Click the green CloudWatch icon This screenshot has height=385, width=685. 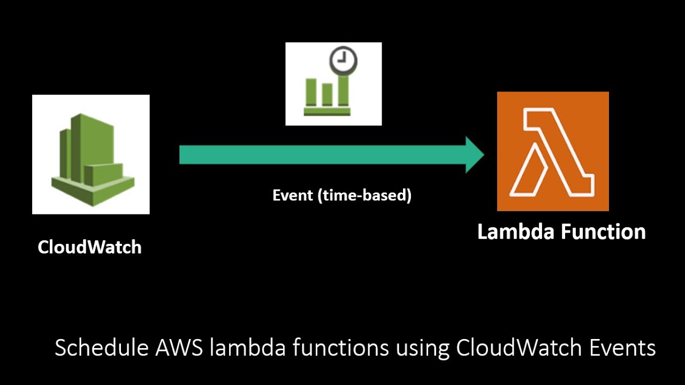[x=91, y=155]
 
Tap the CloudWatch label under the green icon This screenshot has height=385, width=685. [x=89, y=247]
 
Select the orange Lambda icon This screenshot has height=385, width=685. [x=553, y=151]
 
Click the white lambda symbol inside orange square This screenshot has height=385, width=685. [x=551, y=152]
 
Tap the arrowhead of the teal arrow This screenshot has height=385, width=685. [x=474, y=155]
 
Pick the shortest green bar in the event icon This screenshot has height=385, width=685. [x=326, y=94]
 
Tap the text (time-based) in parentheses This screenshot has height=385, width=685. [x=364, y=196]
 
